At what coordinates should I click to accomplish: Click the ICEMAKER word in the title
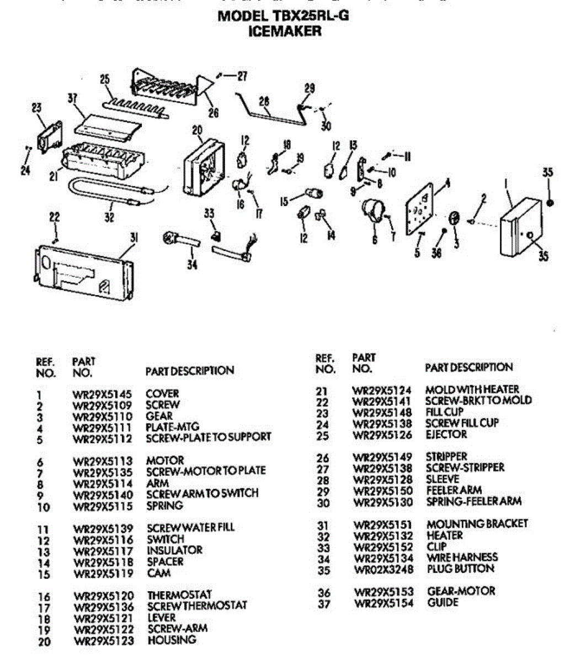pyautogui.click(x=284, y=31)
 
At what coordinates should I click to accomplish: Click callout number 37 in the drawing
pyautogui.click(x=72, y=99)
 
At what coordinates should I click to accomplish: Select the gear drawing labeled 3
pyautogui.click(x=454, y=218)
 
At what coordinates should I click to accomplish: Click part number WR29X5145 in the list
pyautogui.click(x=103, y=394)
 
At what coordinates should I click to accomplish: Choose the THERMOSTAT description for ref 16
pyautogui.click(x=179, y=595)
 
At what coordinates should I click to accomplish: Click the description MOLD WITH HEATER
pyautogui.click(x=472, y=390)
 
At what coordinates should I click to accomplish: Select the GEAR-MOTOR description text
pyautogui.click(x=461, y=591)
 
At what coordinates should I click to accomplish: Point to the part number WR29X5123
pyautogui.click(x=104, y=641)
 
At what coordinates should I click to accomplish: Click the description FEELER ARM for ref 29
pyautogui.click(x=454, y=490)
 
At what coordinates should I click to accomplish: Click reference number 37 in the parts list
pyautogui.click(x=324, y=603)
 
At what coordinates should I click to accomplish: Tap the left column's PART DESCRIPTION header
pyautogui.click(x=189, y=371)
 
